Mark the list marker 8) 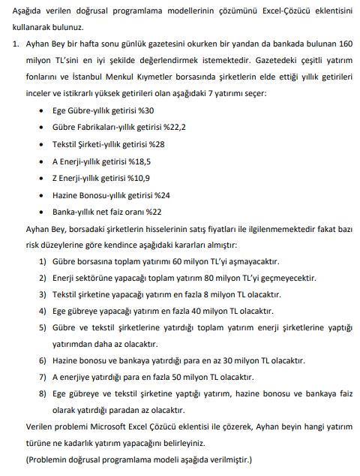pos(42,393)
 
